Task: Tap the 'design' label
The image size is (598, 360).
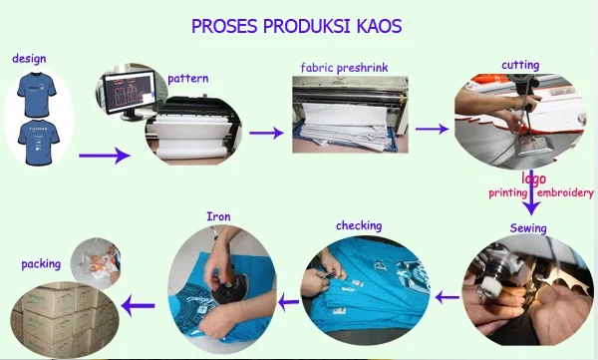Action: click(x=29, y=59)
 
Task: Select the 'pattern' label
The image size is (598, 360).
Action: click(x=187, y=79)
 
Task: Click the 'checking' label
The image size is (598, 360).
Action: click(x=359, y=225)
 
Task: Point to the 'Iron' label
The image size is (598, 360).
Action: click(x=218, y=215)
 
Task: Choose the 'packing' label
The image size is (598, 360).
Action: click(x=41, y=265)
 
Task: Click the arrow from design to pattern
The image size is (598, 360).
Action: click(x=104, y=155)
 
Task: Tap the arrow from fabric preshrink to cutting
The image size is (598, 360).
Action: click(x=432, y=129)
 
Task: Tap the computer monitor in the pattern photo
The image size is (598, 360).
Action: click(x=126, y=90)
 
